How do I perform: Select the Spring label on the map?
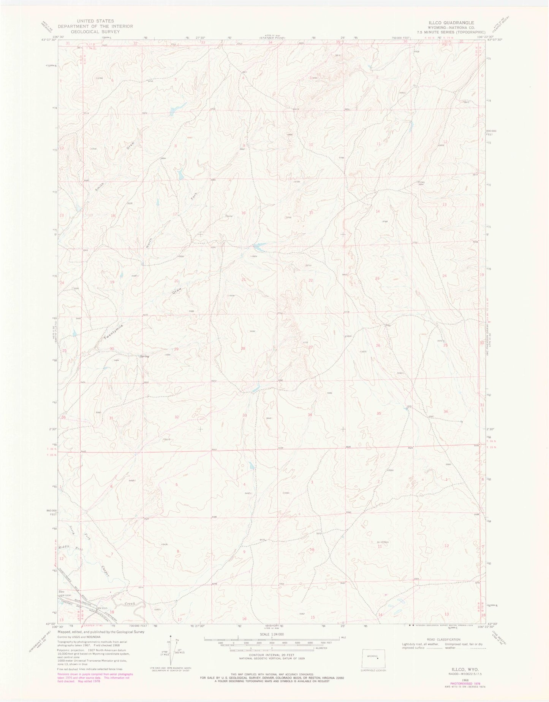tap(144, 356)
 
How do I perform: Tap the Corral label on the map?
tap(229, 216)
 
